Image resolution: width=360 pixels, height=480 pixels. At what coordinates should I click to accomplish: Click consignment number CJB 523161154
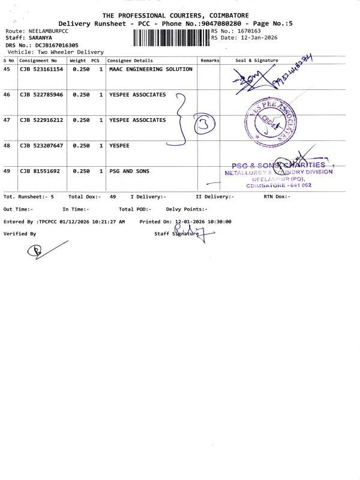(41, 69)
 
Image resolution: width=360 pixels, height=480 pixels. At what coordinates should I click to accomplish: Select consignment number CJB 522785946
(41, 95)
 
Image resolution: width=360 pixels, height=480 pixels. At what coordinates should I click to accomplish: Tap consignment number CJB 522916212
(41, 120)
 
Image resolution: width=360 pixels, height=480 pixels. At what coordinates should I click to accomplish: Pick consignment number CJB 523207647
(41, 146)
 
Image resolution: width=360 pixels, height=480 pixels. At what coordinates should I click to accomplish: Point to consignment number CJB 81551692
(39, 171)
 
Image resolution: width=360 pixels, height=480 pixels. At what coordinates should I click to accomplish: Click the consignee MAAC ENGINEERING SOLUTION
(151, 69)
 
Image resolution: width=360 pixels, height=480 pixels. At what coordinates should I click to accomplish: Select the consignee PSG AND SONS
(129, 171)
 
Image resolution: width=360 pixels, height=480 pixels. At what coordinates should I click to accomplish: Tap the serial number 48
(7, 146)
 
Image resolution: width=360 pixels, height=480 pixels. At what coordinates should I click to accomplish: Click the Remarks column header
(209, 61)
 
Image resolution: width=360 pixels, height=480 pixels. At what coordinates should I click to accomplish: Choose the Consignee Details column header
(130, 61)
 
